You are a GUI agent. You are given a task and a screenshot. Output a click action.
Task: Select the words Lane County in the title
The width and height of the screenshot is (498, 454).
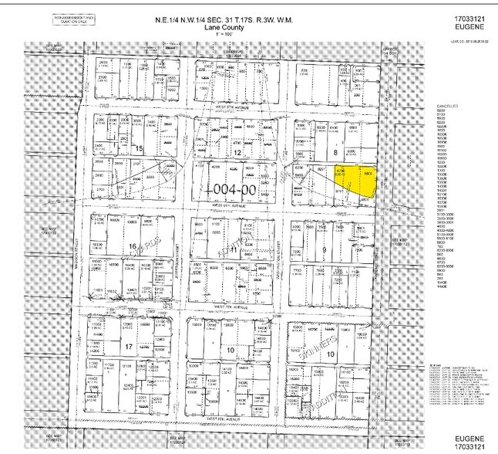pyautogui.click(x=224, y=27)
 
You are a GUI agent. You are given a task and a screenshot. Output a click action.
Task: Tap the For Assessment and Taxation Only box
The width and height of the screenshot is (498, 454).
pyautogui.click(x=74, y=18)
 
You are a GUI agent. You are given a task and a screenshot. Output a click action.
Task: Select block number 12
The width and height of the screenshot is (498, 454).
pyautogui.click(x=238, y=153)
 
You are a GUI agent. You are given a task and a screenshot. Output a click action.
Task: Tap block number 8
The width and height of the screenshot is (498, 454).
pyautogui.click(x=335, y=153)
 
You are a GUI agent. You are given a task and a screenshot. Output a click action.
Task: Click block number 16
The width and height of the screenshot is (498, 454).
pyautogui.click(x=133, y=247)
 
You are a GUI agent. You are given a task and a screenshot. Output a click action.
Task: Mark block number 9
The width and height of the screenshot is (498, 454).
pyautogui.click(x=324, y=249)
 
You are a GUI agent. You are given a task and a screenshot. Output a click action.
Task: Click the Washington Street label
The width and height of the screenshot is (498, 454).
pyautogui.click(x=281, y=247)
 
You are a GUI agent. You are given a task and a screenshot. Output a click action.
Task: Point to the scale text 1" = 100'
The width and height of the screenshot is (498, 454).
pyautogui.click(x=224, y=35)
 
